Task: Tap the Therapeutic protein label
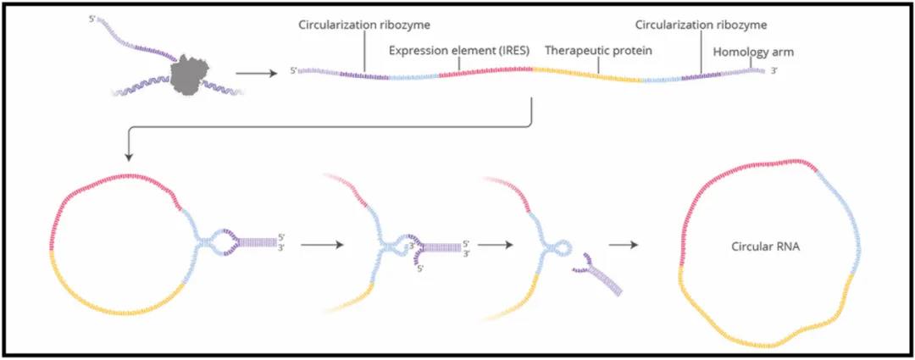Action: pyautogui.click(x=597, y=50)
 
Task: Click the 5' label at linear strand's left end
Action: pyautogui.click(x=292, y=70)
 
